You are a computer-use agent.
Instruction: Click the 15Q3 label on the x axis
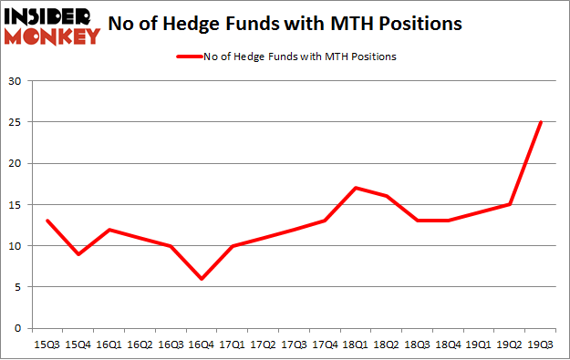(47, 345)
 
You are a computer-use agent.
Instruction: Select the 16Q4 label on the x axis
(202, 345)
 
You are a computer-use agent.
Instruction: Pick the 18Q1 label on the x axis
(356, 345)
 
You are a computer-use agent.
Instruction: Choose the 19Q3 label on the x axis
(542, 345)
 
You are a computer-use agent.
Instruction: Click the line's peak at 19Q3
(542, 122)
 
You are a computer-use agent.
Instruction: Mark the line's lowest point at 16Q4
(202, 279)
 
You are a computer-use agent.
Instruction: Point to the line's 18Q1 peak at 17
(356, 188)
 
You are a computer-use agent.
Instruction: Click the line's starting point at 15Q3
(47, 221)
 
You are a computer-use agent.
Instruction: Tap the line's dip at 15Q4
(78, 253)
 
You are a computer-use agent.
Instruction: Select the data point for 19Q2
(511, 204)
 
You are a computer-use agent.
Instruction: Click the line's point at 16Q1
(109, 229)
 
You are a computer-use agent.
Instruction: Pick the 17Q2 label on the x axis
(264, 345)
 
